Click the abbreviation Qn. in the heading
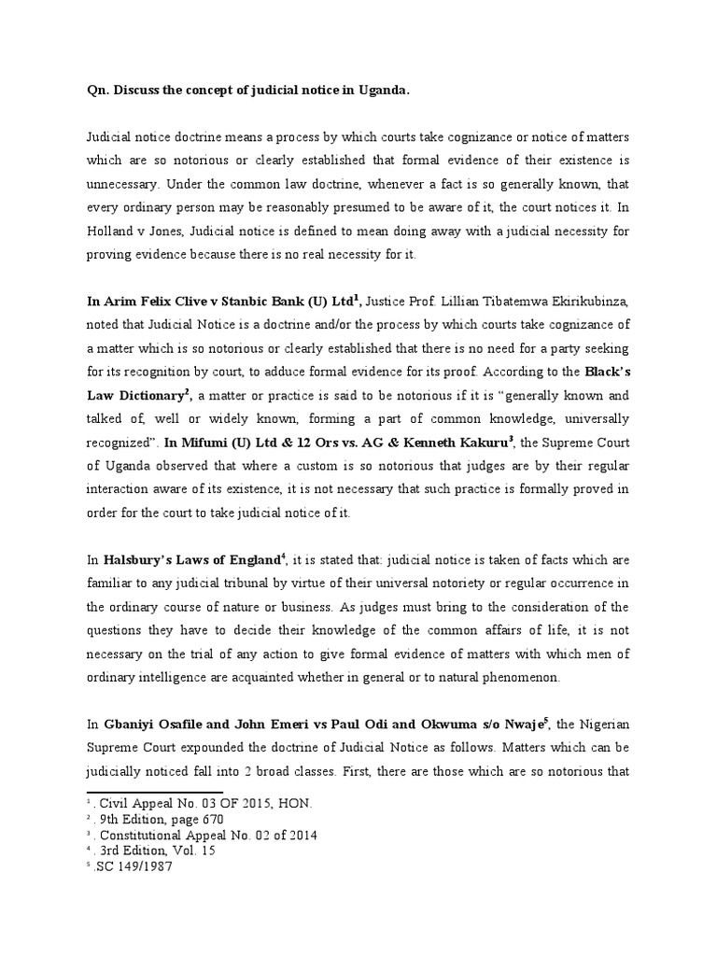[x=89, y=91]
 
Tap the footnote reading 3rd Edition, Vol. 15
[x=149, y=851]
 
